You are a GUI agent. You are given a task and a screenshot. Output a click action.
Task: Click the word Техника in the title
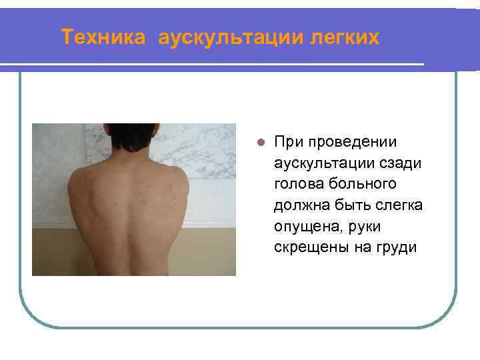point(102,37)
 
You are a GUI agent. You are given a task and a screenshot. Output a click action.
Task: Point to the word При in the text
point(287,142)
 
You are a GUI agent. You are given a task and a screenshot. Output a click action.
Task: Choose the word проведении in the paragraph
point(350,142)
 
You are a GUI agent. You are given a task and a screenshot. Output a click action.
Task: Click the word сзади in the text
point(395,163)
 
